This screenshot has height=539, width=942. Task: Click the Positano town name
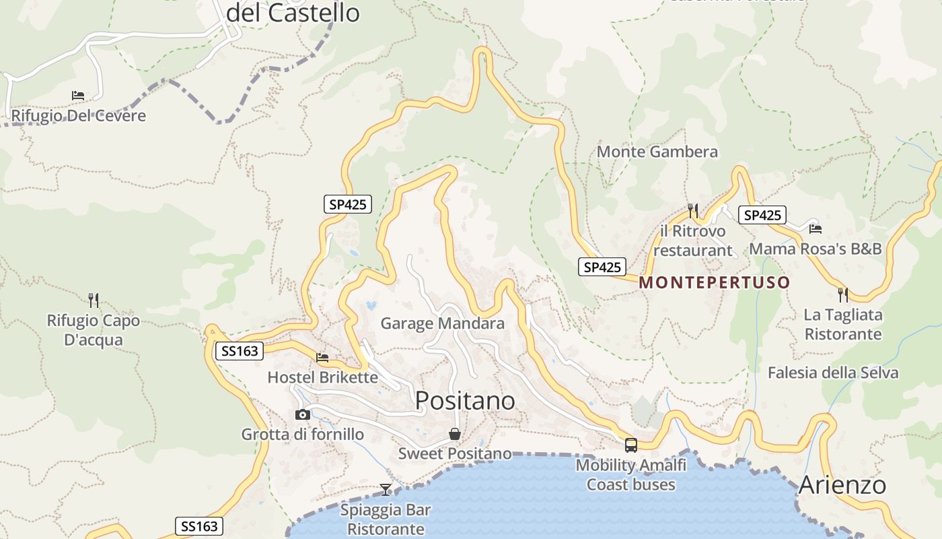point(465,400)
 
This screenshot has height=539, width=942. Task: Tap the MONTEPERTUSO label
point(714,282)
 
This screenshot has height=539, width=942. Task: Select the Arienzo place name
point(842,485)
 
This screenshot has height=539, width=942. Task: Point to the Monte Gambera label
point(657,152)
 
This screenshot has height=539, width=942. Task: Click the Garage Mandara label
point(442,323)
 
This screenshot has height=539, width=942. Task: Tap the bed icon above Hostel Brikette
point(322,357)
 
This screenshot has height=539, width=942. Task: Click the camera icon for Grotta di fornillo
point(303,414)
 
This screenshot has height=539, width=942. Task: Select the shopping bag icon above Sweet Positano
point(455,434)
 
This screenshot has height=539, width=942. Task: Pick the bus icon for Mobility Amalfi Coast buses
point(631,445)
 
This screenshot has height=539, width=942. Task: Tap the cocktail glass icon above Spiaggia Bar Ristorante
point(386,490)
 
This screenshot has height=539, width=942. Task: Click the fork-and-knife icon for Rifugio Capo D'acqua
point(94,300)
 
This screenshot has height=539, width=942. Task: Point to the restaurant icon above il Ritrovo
point(693,211)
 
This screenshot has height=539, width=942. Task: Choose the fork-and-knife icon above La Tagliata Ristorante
point(842,294)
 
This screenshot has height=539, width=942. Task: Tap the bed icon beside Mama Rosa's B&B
point(816,229)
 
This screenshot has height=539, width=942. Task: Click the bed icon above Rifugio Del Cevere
point(78,96)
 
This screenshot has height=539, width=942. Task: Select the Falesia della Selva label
point(833,373)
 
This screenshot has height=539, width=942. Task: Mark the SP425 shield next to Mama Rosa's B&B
point(762,215)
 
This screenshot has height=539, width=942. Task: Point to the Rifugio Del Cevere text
point(79,116)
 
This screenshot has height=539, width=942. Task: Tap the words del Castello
point(293,13)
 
